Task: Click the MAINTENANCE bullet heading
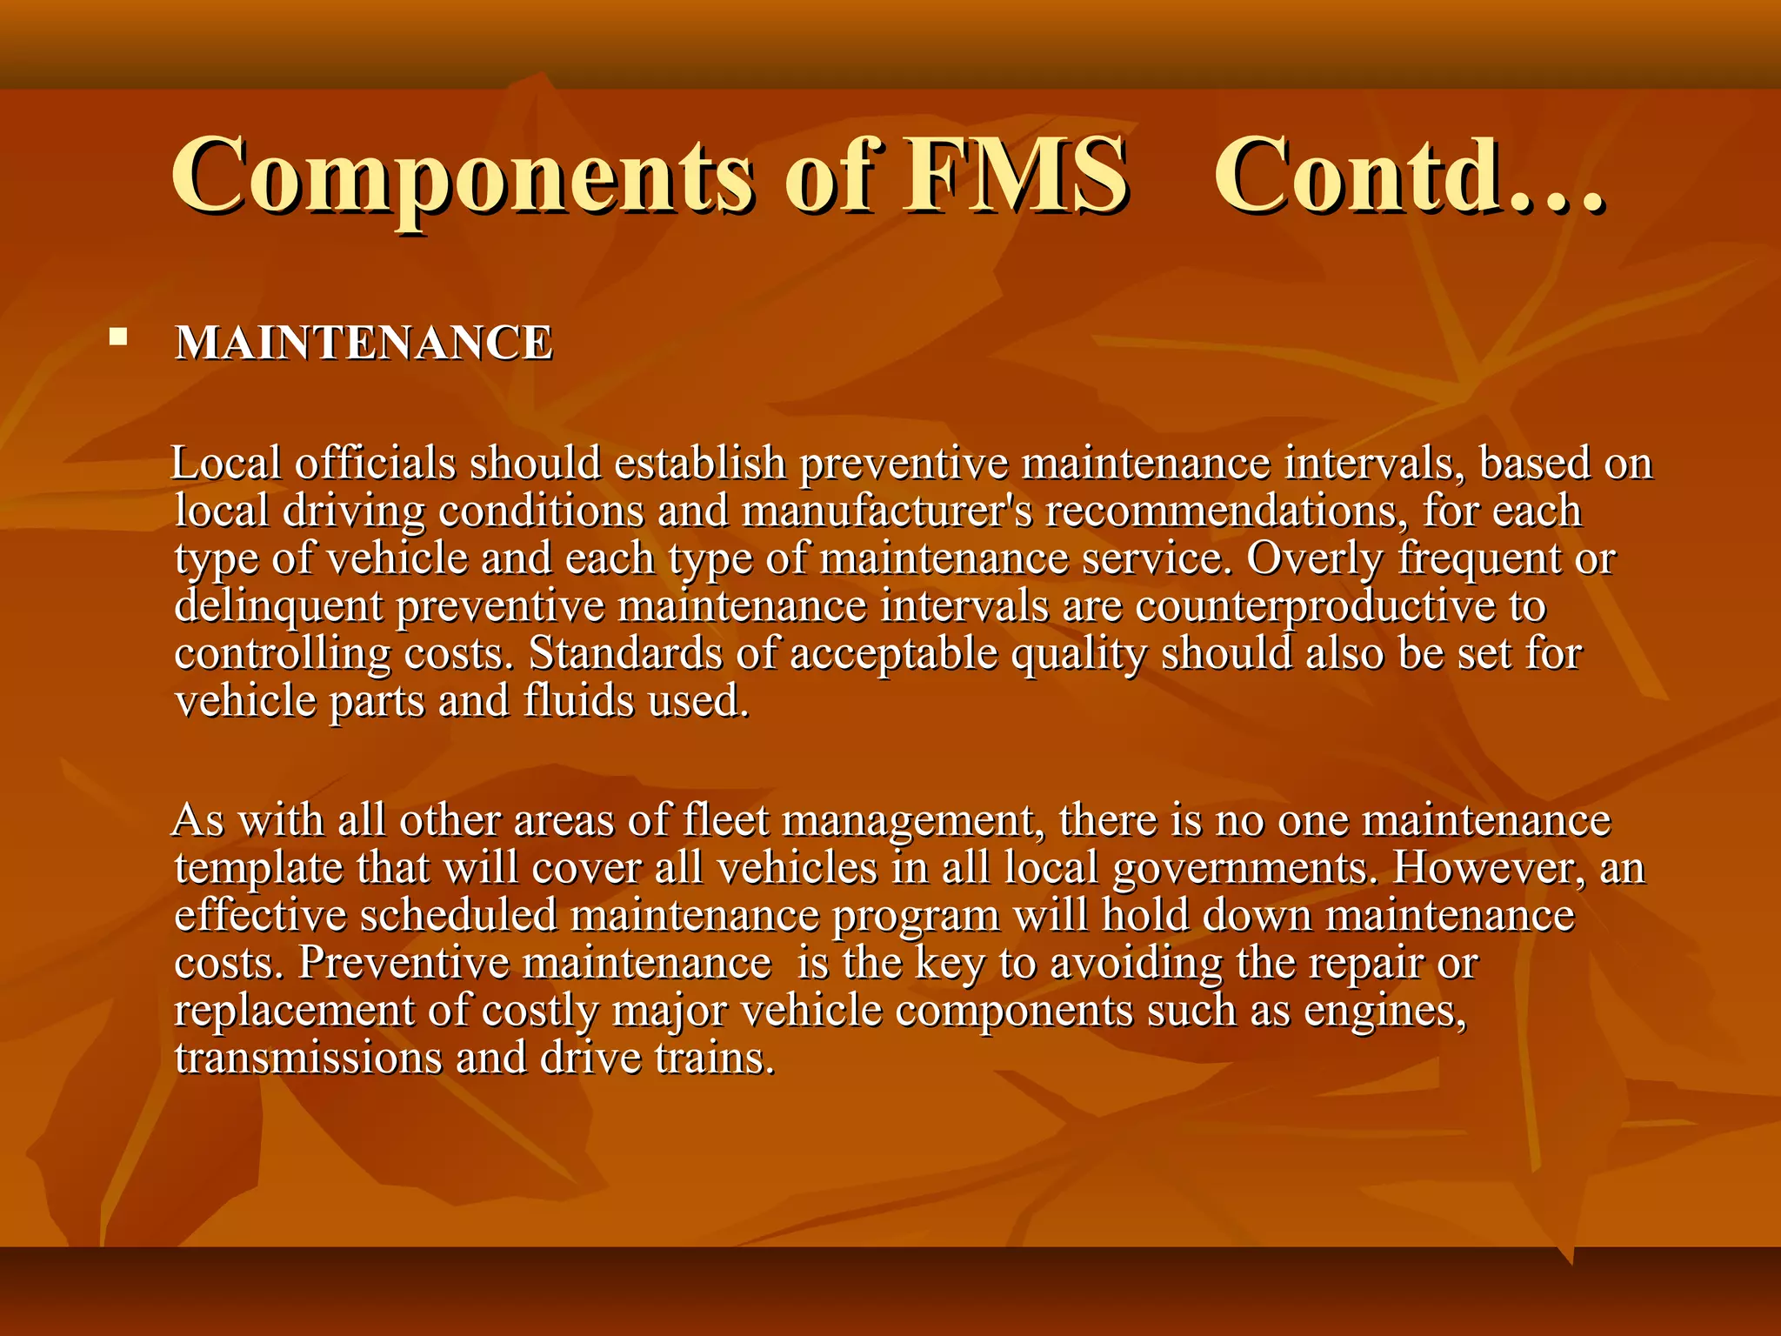click(364, 343)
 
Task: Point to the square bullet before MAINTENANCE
click(118, 337)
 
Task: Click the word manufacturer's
click(887, 511)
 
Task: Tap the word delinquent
click(278, 606)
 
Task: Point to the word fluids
click(578, 701)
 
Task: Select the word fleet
click(726, 820)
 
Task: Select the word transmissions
click(308, 1059)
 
